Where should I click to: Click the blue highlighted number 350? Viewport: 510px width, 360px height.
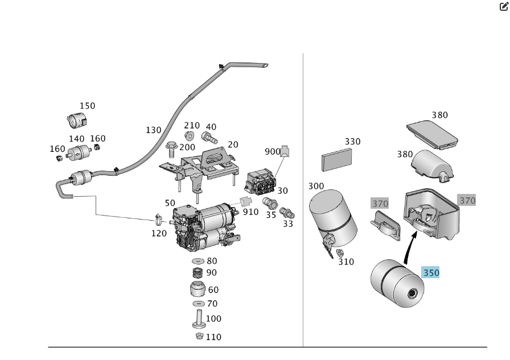(431, 273)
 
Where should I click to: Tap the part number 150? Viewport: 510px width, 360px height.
(87, 106)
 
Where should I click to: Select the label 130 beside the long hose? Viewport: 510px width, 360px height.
(154, 130)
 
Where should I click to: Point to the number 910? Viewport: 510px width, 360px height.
(251, 212)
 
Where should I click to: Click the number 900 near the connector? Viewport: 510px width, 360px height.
(273, 151)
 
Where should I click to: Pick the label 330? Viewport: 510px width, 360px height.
(352, 142)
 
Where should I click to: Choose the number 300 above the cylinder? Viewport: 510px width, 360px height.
(316, 186)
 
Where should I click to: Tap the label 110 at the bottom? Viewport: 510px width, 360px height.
(213, 337)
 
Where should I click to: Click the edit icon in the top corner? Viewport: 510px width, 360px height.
(503, 7)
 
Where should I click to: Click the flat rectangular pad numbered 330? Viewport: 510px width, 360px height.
(338, 160)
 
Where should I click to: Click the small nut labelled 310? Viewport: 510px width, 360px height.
(340, 253)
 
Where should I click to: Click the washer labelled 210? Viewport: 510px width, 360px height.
(189, 136)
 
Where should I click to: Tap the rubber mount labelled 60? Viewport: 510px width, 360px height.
(198, 289)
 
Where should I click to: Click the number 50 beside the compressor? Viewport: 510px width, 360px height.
(170, 203)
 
